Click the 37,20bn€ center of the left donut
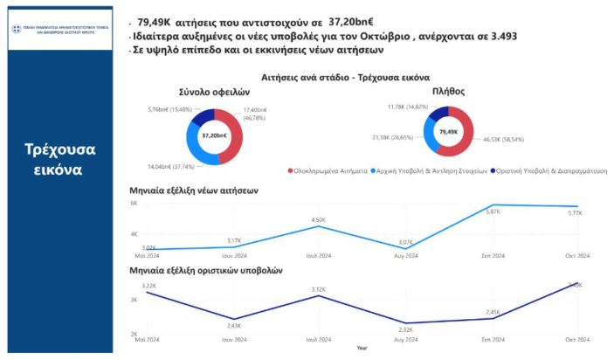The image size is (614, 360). click(x=213, y=135)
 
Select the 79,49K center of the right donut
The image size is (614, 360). click(x=448, y=132)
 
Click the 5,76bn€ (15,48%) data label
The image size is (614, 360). click(x=171, y=109)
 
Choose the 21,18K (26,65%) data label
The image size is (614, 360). click(x=395, y=137)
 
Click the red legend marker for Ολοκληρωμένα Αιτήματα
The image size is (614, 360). click(x=290, y=171)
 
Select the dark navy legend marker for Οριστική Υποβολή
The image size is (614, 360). click(x=492, y=171)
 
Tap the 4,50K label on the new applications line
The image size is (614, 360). click(x=319, y=219)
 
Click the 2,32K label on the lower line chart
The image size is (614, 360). click(x=404, y=330)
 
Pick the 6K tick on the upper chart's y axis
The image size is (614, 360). click(x=135, y=203)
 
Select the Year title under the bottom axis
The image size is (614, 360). click(x=362, y=348)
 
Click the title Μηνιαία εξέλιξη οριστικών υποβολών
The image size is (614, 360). click(x=205, y=272)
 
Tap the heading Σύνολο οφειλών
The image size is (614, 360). click(x=214, y=91)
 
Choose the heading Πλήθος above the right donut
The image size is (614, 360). click(x=447, y=89)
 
